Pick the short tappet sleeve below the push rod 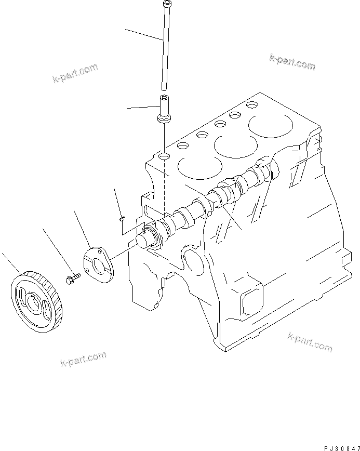tap(164, 110)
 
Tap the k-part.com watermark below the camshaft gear tap(83, 359)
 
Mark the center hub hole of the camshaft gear tap(33, 302)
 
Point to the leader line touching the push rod tap(143, 34)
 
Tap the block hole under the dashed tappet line tap(164, 156)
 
